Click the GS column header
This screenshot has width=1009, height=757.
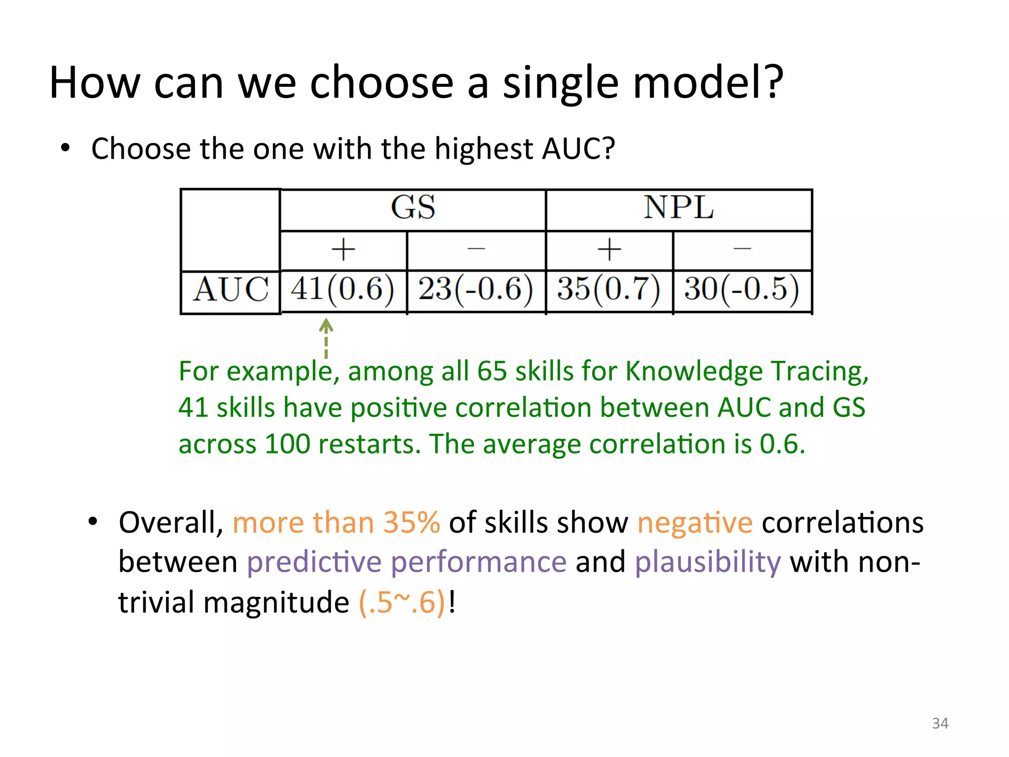(x=413, y=207)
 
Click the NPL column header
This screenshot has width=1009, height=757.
(x=678, y=207)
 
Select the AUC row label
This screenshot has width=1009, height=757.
(x=231, y=289)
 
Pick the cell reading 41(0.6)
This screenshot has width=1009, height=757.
(x=343, y=289)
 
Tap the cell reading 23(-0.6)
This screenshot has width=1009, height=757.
(x=475, y=289)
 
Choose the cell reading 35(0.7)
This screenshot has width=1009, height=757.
(x=608, y=289)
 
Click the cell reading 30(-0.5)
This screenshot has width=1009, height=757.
(x=741, y=289)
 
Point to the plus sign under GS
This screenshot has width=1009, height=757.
(x=343, y=249)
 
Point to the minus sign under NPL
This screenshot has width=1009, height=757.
(x=742, y=249)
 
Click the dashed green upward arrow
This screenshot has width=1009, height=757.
(x=326, y=338)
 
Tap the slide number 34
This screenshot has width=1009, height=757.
(x=940, y=723)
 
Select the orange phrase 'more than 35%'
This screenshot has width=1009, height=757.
(x=336, y=522)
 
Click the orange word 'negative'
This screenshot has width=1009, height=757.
(x=695, y=522)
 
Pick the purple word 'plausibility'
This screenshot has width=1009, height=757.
(x=707, y=562)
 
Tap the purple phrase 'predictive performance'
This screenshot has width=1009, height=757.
(x=406, y=562)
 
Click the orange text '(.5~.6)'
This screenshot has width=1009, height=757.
(x=402, y=602)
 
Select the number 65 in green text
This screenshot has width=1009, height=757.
(x=492, y=371)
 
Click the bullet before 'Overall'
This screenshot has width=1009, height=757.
(x=93, y=521)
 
